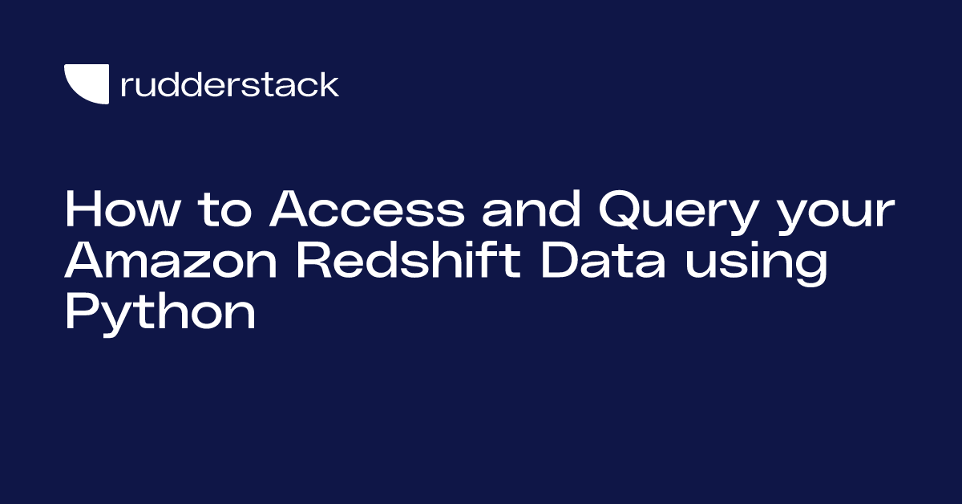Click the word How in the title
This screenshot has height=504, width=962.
122,209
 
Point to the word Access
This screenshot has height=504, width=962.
367,209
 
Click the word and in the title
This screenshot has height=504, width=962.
532,209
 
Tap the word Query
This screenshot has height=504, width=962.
677,213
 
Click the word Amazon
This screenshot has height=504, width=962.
171,261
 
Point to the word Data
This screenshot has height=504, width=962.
603,261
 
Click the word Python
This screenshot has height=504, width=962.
160,314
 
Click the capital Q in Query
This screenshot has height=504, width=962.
624,209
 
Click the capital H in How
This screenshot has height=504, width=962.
83,209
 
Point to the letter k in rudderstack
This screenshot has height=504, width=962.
329,83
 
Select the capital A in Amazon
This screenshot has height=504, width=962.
88,261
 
